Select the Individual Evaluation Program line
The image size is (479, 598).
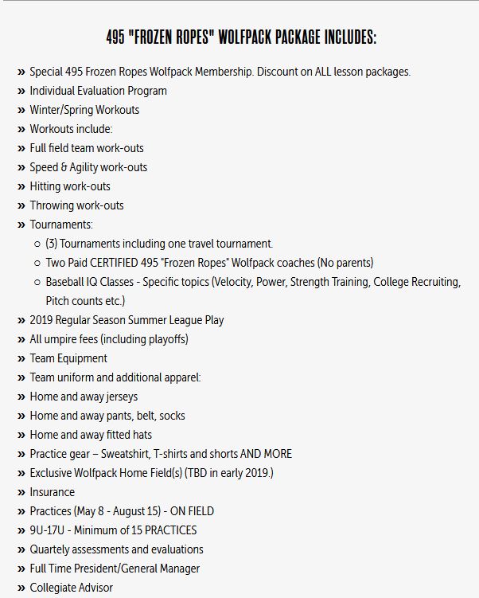coord(98,91)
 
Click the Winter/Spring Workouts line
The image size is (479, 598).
coord(84,110)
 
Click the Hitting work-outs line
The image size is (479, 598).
coord(70,186)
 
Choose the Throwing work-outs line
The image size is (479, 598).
coord(76,205)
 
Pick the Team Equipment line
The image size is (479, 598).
coord(68,358)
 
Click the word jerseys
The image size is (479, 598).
coord(119,397)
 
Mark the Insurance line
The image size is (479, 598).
coord(52,492)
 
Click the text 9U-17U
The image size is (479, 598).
coord(50,530)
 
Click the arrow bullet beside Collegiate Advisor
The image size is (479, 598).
coord(21,588)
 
